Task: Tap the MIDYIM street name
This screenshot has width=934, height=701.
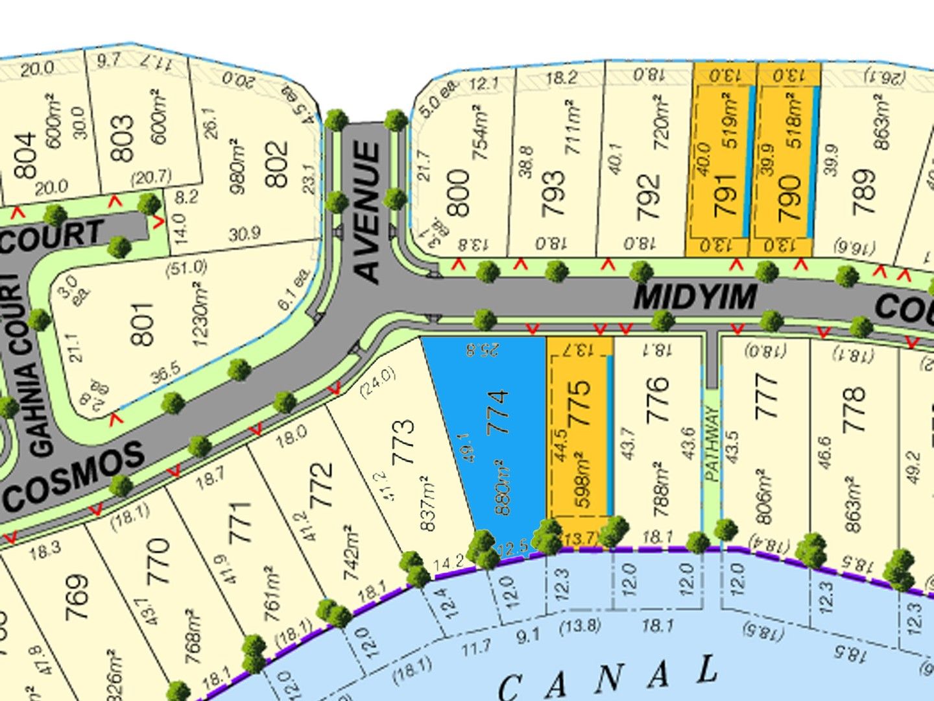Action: coord(695,297)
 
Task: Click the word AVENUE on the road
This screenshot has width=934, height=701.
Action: coord(368,212)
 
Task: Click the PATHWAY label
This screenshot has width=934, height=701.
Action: coord(712,444)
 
